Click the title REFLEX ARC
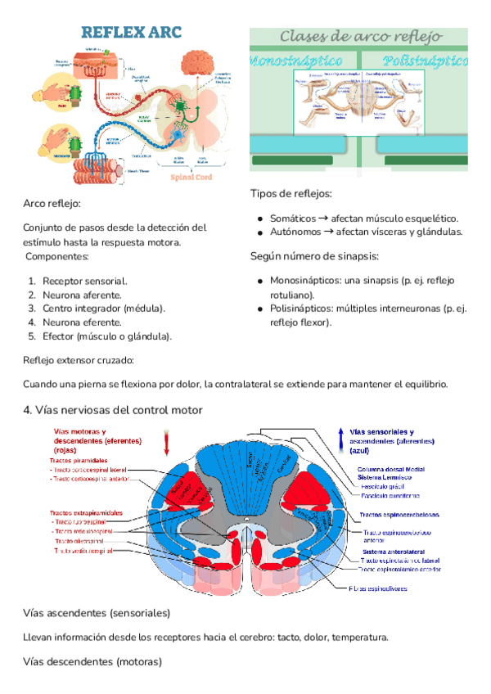tap(130, 33)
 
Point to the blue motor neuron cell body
tap(178, 132)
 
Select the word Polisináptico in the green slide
tap(425, 61)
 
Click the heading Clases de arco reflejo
tap(361, 37)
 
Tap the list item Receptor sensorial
tap(84, 280)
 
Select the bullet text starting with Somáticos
tap(364, 219)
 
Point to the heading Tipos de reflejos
tap(291, 194)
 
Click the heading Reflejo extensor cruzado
tap(79, 360)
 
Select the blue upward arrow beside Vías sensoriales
tap(340, 434)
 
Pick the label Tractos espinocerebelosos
tap(399, 516)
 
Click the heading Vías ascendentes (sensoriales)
tap(97, 613)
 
